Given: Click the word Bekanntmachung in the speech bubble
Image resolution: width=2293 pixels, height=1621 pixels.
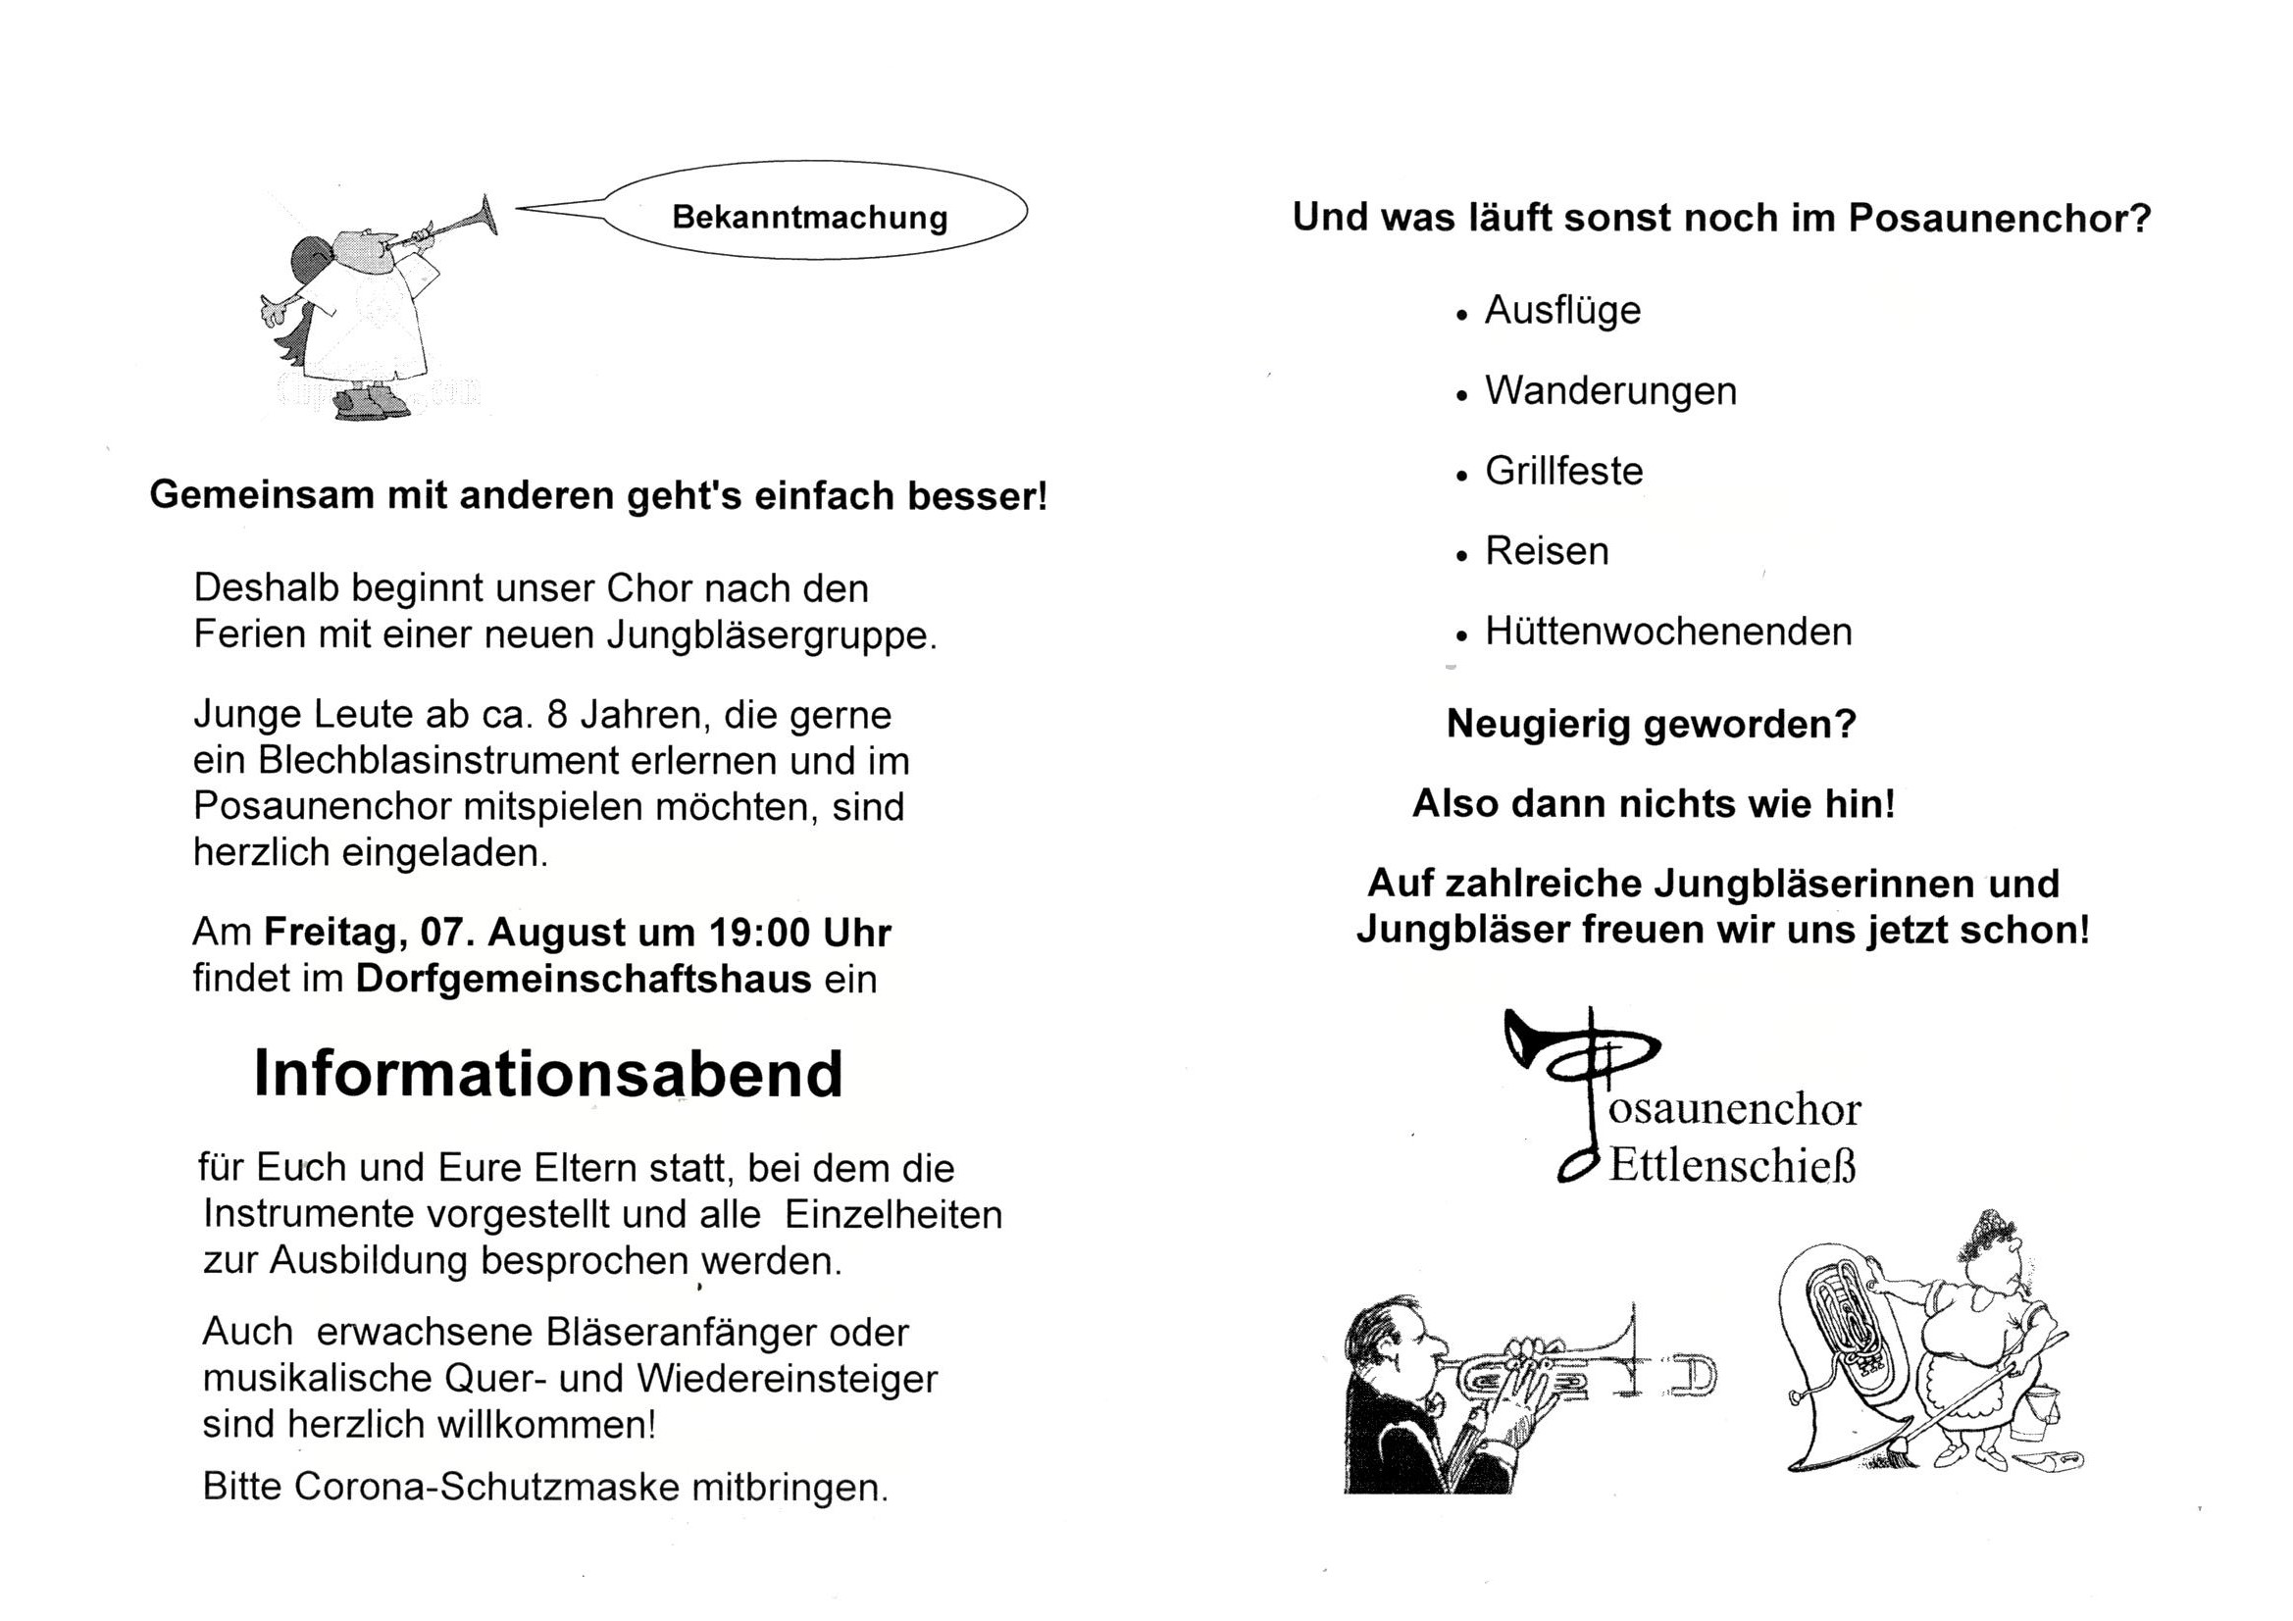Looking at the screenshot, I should point(809,217).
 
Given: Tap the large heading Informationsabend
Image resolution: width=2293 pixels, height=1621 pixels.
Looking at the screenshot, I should point(548,1075).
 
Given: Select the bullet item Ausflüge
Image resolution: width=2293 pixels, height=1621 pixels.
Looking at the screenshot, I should point(1562,310).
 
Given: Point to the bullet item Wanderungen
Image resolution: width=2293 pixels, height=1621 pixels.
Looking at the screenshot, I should point(1609,390).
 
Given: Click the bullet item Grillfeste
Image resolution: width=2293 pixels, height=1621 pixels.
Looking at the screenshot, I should point(1563,471).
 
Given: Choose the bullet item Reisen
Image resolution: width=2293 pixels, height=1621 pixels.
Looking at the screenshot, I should point(1546,551).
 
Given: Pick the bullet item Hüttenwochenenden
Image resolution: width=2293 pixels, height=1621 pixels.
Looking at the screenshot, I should point(1668,632).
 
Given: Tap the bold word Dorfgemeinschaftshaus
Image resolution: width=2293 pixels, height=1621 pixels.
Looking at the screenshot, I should point(584,979).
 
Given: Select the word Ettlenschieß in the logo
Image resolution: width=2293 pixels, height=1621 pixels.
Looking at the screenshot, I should point(1732,1166).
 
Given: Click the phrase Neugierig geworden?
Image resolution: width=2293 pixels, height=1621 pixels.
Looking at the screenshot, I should point(1651,724).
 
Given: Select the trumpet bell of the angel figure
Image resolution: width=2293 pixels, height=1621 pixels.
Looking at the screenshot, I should point(488,215).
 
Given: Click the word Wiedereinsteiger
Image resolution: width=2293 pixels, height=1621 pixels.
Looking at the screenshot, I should point(786,1379).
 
